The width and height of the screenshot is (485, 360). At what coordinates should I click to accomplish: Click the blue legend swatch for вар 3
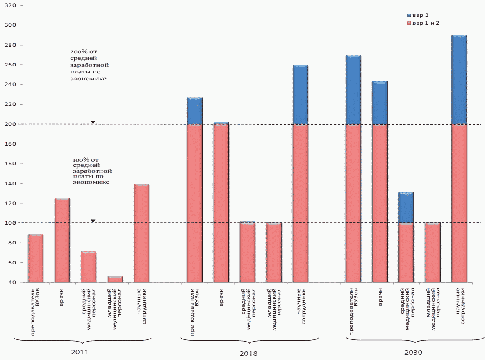(x=408, y=15)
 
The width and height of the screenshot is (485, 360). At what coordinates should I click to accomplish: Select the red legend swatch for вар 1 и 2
(x=408, y=23)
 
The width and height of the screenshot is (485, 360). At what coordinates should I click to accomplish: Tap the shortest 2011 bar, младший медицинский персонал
(x=115, y=279)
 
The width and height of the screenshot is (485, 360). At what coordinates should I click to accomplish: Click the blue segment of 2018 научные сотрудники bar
(x=301, y=94)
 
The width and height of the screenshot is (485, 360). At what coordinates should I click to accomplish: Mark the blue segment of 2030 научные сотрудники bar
(x=459, y=80)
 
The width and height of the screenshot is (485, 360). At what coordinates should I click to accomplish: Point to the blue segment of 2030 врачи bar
(x=380, y=103)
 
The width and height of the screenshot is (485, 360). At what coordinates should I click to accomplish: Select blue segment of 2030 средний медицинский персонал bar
(x=406, y=207)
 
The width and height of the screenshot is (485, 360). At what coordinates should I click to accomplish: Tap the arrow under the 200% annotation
(x=93, y=111)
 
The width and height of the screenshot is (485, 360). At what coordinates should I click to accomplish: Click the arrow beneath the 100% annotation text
(x=93, y=210)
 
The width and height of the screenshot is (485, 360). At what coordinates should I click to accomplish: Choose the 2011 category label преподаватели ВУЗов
(x=36, y=312)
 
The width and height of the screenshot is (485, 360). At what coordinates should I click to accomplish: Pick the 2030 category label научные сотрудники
(x=460, y=306)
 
